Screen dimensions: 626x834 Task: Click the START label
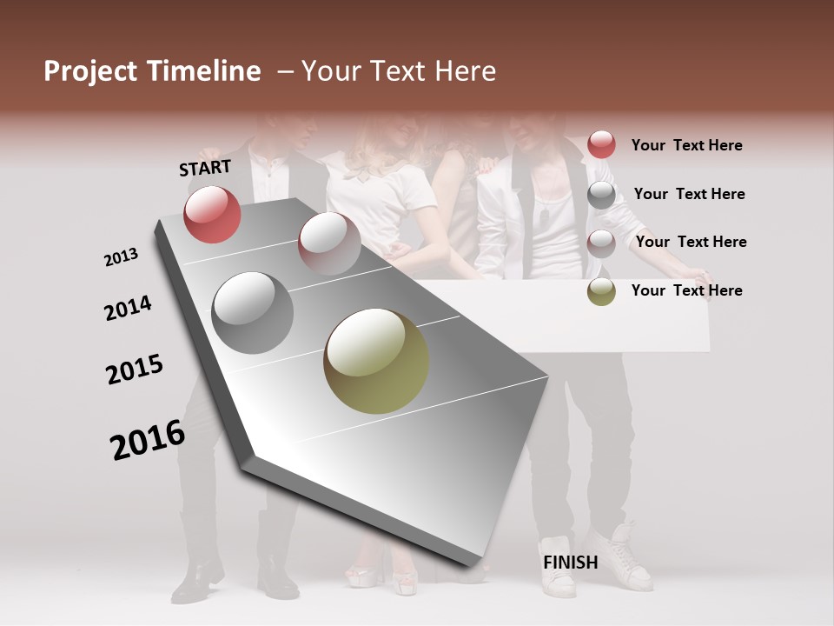[205, 168]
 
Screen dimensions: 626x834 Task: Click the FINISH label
[571, 563]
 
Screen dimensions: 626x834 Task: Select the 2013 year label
[121, 257]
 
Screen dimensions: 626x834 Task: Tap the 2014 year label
[128, 308]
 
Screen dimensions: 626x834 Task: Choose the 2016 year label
[148, 439]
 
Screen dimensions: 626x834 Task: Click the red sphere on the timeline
[212, 214]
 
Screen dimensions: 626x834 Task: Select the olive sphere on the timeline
[376, 361]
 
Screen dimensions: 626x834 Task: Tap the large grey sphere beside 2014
[252, 312]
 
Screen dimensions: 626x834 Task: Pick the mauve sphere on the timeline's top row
[329, 243]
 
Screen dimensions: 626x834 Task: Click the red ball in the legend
[601, 144]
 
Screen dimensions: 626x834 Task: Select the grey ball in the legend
[601, 195]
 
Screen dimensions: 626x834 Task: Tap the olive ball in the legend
[601, 291]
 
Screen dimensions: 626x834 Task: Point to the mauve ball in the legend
[601, 243]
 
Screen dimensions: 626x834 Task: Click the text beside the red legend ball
[686, 145]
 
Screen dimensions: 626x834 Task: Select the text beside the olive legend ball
[686, 290]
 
